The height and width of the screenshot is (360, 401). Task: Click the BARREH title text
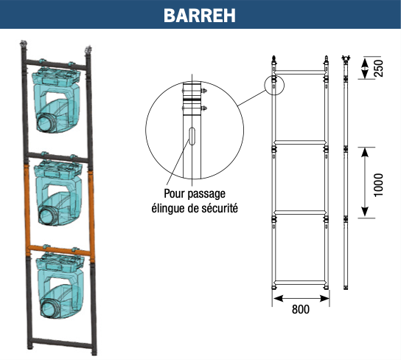point(200,15)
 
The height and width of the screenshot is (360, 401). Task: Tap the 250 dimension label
point(379,68)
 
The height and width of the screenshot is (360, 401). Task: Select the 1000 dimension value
point(379,185)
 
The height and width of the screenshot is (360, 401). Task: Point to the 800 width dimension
point(301,309)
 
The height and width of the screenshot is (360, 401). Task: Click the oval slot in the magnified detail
point(192,136)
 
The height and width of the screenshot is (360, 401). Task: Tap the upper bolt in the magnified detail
point(204,91)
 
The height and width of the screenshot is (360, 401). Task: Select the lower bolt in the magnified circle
point(204,108)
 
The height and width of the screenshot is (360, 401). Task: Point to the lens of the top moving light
point(46,122)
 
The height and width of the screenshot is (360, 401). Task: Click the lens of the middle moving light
point(49,215)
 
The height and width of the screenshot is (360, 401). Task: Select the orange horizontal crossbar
point(59,250)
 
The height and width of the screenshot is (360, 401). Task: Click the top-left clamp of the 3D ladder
point(24,44)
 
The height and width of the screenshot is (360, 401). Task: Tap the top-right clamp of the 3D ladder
point(88,49)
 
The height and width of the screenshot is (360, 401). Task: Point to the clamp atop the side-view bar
point(346,59)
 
